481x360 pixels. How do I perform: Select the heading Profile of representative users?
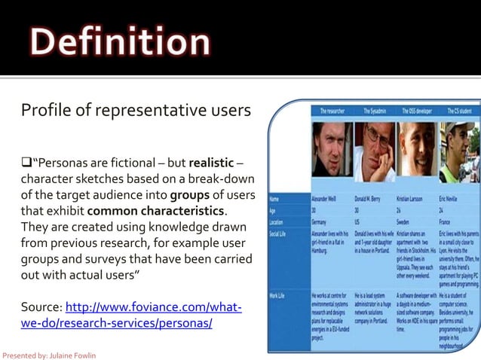tap(136, 111)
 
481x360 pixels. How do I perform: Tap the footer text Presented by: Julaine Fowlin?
tap(50, 355)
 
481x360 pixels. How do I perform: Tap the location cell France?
tap(447, 223)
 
